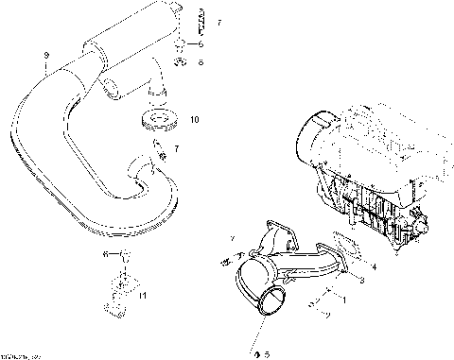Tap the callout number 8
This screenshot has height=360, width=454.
pos(201,62)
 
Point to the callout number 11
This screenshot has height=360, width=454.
pos(143,296)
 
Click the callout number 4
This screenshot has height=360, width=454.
pos(375,267)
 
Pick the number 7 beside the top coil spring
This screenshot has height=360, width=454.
pos(218,21)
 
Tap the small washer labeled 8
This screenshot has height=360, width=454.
pos(179,61)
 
